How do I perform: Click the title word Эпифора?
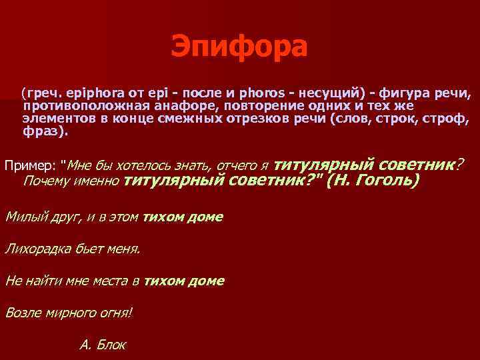point(239,47)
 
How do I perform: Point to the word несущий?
point(319,93)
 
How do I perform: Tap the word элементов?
point(55,119)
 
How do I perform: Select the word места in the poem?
point(112,281)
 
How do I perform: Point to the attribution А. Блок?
point(102,344)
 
